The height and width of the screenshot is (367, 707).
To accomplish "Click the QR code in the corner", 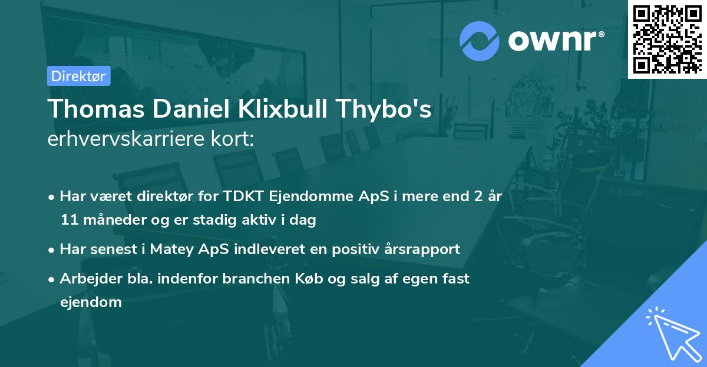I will [667, 39].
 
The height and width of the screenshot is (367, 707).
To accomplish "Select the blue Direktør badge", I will [78, 76].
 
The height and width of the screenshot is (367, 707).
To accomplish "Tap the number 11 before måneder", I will [68, 221].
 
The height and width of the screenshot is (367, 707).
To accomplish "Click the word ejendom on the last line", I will [91, 303].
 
